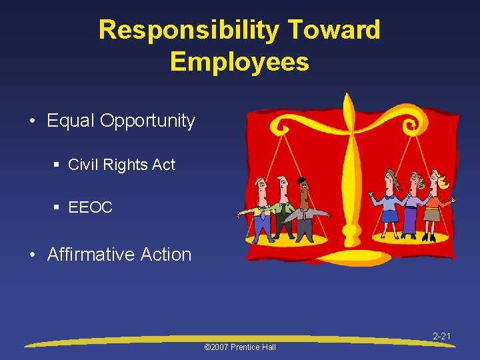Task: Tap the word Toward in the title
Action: coord(335,30)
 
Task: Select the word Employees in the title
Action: coord(239,61)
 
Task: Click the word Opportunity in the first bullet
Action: coord(147,121)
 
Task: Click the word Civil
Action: coord(83,165)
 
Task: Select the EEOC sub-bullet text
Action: coord(90,207)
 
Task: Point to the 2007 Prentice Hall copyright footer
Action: coord(239,347)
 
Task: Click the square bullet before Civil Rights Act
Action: coord(59,165)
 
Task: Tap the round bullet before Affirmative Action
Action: coord(34,255)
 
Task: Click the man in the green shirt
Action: coord(283,207)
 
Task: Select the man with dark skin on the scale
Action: coord(305,210)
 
